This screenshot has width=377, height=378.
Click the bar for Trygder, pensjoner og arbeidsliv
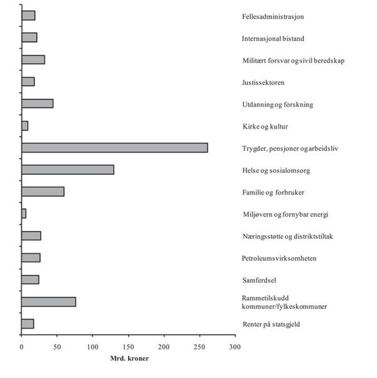[x=114, y=148]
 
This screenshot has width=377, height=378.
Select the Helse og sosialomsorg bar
[x=68, y=170]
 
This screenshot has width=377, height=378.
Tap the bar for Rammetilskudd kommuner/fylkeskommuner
[x=48, y=301]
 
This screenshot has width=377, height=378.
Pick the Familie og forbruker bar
[x=43, y=192]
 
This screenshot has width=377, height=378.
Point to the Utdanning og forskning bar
[x=37, y=104]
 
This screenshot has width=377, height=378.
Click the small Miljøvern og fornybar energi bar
[x=24, y=213]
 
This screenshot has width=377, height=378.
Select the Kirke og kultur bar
[x=25, y=126]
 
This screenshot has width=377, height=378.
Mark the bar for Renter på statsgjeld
[x=28, y=323]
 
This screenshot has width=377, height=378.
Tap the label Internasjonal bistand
[x=273, y=38]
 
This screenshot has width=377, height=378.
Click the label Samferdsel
[x=259, y=280]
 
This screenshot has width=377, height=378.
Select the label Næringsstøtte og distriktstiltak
[x=287, y=236]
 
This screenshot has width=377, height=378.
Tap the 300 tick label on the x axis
[x=235, y=346]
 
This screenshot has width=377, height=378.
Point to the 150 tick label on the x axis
[x=128, y=346]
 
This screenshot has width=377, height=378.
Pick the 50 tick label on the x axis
[x=57, y=346]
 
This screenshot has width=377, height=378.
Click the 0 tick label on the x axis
[x=21, y=346]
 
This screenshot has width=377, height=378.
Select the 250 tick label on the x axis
[x=199, y=346]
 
